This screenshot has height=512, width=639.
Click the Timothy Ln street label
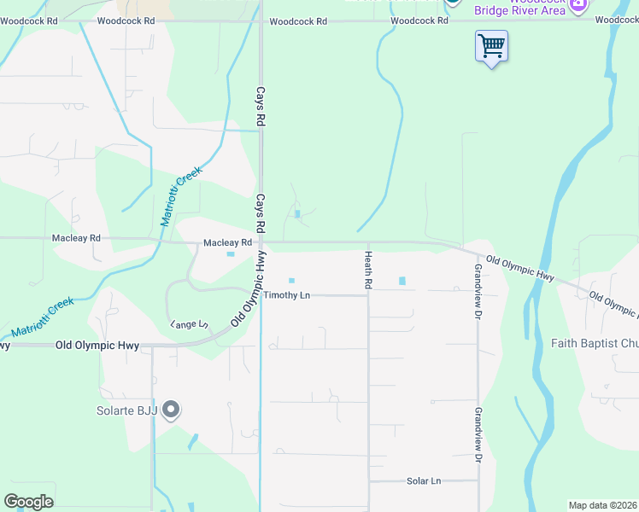(287, 295)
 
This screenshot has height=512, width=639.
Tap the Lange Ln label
(190, 324)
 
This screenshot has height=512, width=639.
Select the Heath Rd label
(368, 270)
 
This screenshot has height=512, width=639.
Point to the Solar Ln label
(424, 481)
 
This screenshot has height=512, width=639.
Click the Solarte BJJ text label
(127, 411)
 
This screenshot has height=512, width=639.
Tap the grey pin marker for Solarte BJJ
(171, 410)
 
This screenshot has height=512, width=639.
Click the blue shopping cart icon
(491, 45)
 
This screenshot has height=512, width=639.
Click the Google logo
(28, 502)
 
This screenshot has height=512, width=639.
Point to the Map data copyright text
(602, 505)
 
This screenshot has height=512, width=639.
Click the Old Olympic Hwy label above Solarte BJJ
(97, 346)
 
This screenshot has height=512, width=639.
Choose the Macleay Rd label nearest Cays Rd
(227, 243)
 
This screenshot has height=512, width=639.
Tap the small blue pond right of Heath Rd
(402, 281)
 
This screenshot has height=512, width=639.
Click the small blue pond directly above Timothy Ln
(291, 280)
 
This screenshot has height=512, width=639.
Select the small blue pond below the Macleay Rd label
(230, 253)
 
